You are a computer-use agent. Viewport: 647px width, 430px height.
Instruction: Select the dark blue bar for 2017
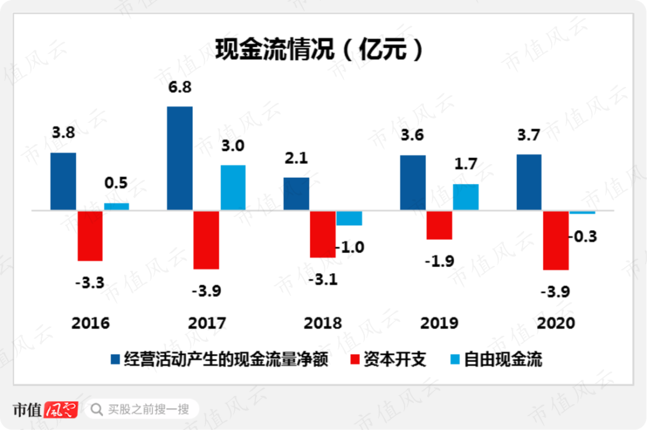[180, 158]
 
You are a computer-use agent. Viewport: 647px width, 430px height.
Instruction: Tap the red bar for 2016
[90, 235]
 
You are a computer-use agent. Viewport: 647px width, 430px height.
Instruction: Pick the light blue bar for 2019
[465, 197]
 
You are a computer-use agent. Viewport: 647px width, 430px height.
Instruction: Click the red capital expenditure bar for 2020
[555, 240]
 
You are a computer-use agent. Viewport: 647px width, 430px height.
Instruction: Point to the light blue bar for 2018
[349, 218]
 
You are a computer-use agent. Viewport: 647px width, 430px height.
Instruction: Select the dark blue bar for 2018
[296, 193]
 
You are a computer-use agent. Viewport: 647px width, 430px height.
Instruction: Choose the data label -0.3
[583, 237]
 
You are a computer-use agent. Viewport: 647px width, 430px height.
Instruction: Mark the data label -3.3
[90, 282]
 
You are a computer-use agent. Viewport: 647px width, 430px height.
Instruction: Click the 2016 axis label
[90, 323]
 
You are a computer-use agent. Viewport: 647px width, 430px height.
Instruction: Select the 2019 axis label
[439, 323]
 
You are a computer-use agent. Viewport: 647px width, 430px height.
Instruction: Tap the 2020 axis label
[555, 323]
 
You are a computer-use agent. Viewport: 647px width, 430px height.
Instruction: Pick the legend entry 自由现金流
[503, 359]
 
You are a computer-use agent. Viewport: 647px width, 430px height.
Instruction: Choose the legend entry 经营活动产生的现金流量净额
[226, 359]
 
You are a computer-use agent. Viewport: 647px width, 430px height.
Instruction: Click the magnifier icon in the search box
[96, 410]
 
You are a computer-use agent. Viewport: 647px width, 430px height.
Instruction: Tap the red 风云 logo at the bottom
[61, 410]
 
